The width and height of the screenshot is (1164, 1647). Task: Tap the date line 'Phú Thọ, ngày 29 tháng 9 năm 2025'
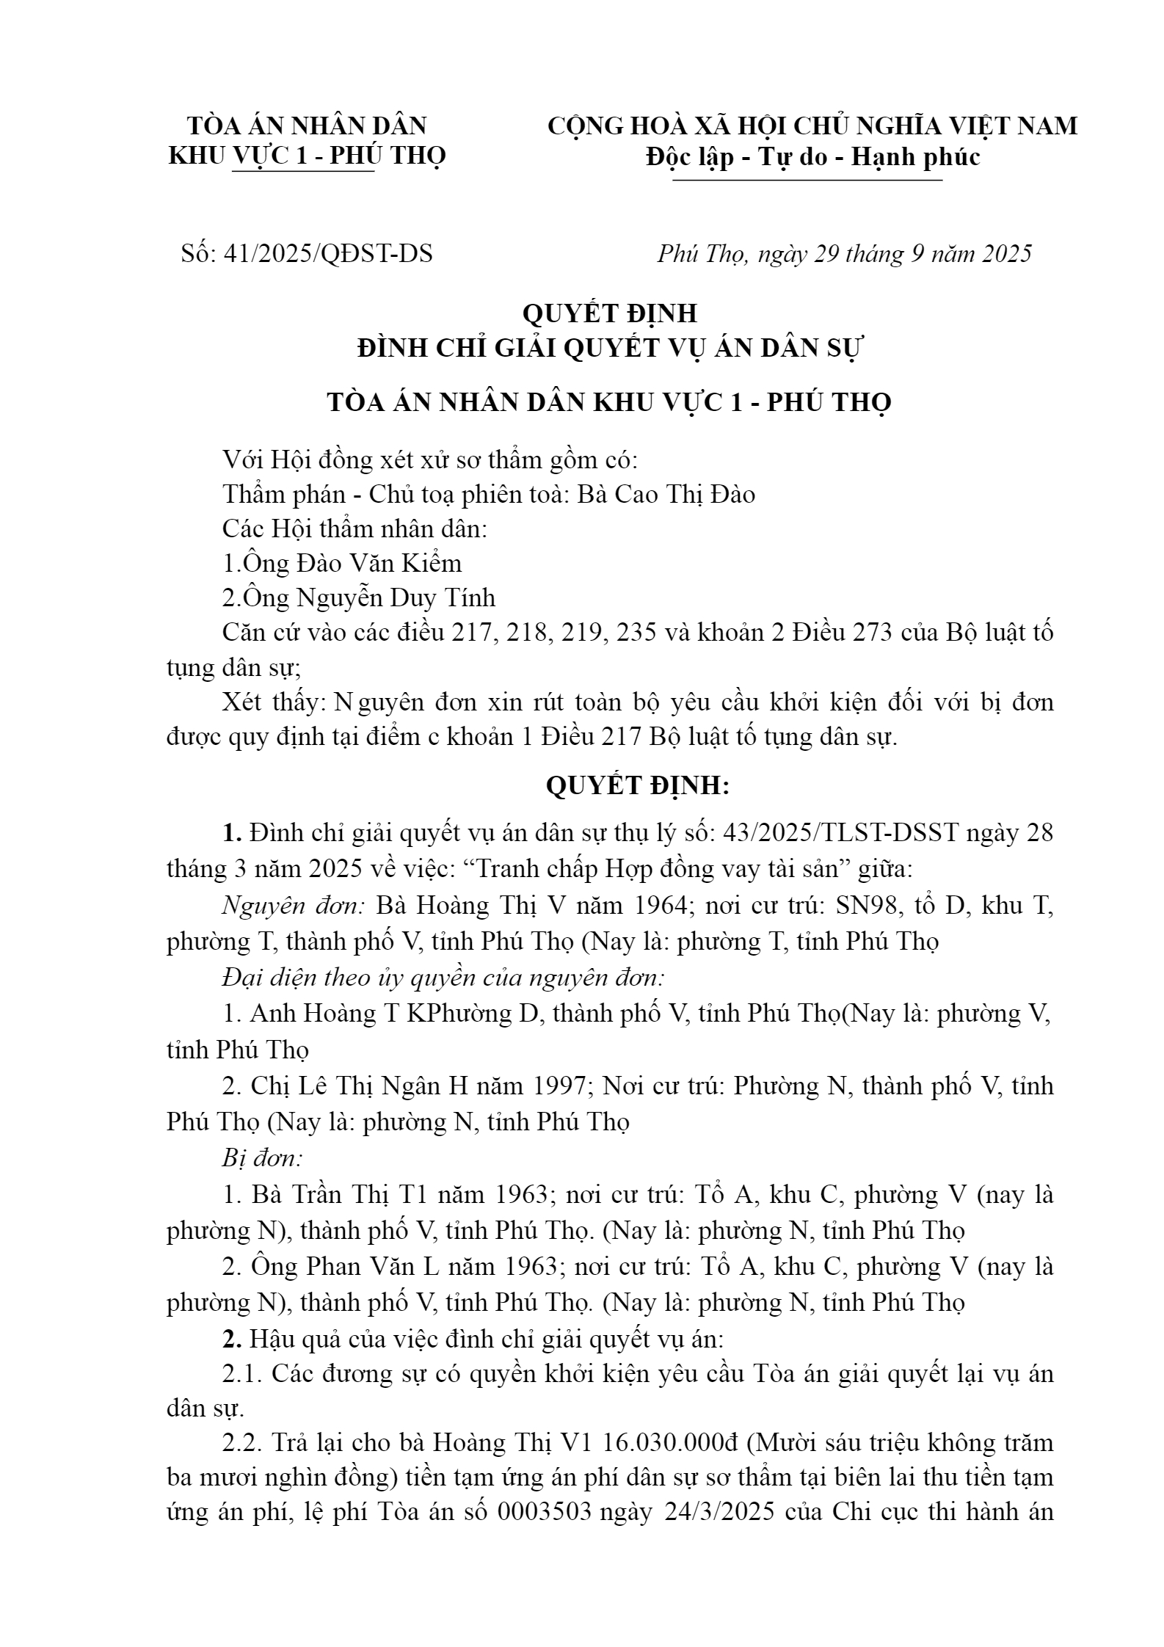click(844, 253)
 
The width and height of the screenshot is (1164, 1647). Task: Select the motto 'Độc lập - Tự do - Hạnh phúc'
click(812, 156)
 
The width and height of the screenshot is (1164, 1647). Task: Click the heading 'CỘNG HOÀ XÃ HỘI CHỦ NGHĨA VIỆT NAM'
click(812, 126)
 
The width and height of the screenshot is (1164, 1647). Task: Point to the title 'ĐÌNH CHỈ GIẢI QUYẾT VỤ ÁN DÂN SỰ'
click(611, 347)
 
